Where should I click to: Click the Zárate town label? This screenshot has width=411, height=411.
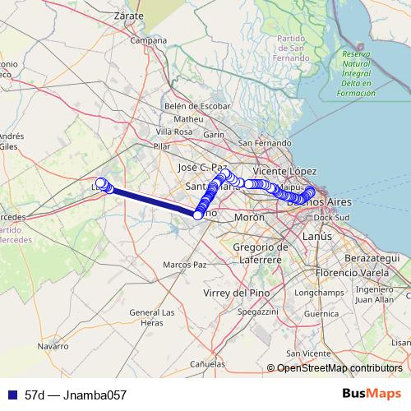129,15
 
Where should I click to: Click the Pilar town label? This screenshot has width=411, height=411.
161,146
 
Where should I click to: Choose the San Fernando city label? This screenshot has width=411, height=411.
265,143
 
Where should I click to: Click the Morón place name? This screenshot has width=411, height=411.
249,217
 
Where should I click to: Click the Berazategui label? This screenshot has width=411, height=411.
374,257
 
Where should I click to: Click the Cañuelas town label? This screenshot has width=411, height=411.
206,363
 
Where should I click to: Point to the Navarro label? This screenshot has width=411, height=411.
52,346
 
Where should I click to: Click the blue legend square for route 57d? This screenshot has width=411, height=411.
11,395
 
